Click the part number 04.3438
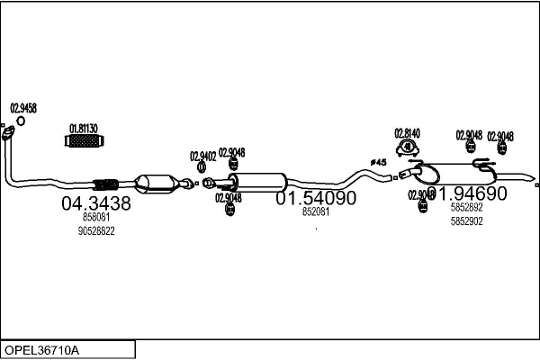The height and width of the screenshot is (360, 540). [x=95, y=204]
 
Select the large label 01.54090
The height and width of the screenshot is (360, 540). [x=315, y=197]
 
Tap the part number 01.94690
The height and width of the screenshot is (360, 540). [x=468, y=193]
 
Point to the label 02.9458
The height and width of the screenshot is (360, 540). [x=22, y=108]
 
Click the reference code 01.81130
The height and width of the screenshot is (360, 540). [x=84, y=128]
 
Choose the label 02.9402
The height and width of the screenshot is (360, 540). [x=202, y=156]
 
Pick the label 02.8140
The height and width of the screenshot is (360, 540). [x=408, y=132]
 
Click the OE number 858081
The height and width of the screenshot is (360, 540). [x=95, y=218]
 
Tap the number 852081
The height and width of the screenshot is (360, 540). [x=315, y=212]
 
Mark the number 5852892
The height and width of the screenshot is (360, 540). [x=466, y=207]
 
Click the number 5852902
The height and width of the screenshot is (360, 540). [x=466, y=220]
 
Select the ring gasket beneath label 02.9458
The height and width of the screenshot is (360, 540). [x=8, y=135]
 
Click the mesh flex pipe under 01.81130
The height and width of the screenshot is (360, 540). [x=85, y=142]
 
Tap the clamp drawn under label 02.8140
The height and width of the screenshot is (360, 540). [x=408, y=147]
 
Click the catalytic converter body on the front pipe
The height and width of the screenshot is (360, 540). [x=155, y=182]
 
